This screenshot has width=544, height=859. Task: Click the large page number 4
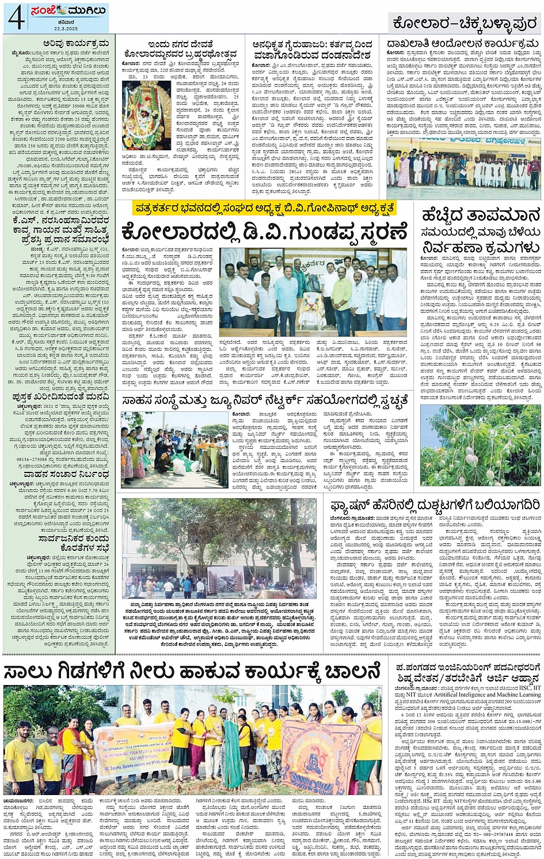[x=16, y=17]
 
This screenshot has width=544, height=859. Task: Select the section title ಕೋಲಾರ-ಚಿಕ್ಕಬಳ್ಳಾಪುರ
[x=464, y=23]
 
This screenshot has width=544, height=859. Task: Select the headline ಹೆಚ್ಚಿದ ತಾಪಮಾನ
[x=481, y=216]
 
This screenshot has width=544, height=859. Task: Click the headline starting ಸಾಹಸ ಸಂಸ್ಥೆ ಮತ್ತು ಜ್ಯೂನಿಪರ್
[x=265, y=400]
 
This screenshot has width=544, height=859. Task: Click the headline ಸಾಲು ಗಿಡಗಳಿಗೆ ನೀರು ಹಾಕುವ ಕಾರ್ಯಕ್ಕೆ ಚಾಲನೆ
[x=192, y=671]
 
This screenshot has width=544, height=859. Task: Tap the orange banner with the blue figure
[x=318, y=756]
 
